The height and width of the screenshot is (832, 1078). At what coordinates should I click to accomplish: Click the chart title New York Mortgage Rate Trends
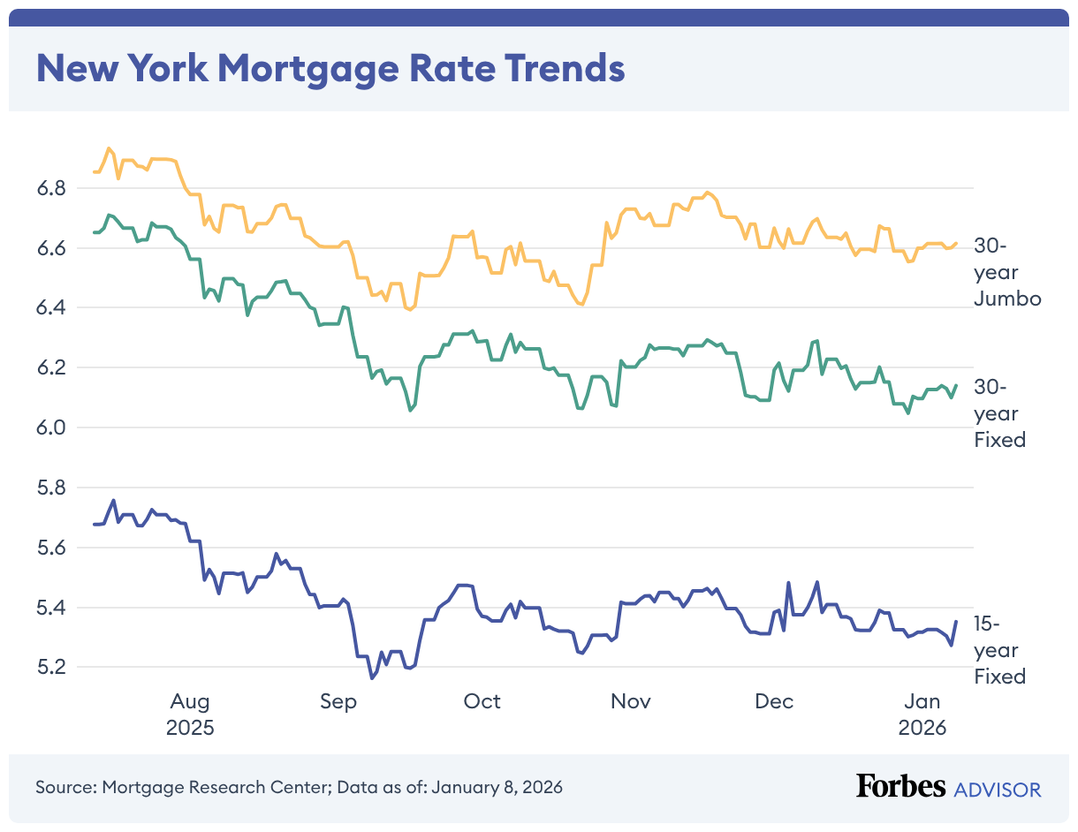point(330,68)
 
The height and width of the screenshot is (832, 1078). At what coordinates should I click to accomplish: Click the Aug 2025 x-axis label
point(190,715)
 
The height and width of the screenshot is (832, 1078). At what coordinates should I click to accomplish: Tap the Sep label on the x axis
point(338,701)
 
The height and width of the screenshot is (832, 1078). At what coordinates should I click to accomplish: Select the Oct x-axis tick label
point(482,701)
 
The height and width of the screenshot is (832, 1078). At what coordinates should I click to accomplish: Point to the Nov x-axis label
point(630,701)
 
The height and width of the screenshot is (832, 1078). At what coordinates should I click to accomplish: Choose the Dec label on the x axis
point(774,701)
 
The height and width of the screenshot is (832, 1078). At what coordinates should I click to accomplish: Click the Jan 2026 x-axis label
point(922,715)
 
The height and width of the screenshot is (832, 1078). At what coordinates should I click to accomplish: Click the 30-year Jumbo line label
point(1007,272)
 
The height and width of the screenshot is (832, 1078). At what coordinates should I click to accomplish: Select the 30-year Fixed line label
point(999,412)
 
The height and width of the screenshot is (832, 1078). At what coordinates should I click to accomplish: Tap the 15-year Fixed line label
point(999,650)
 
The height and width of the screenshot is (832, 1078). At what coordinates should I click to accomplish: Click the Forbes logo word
point(900,787)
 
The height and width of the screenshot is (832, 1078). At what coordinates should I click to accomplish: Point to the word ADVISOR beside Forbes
point(998,789)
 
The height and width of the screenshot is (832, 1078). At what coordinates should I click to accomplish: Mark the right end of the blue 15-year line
point(956,622)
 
